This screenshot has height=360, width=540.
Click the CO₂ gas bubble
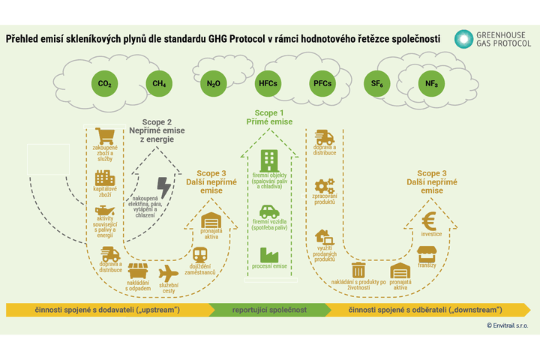pos(106,83)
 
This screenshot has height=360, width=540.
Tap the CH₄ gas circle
pos(160,83)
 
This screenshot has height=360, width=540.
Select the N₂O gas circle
pos(213,83)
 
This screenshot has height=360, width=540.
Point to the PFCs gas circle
pos(321,83)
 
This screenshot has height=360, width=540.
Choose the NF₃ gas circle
pos(431,83)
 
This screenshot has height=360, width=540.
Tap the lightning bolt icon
pos(163,187)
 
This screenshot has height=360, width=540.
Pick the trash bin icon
pos(358,270)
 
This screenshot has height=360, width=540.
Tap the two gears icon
pos(325,185)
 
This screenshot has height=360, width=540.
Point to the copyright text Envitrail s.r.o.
pos(507,325)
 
